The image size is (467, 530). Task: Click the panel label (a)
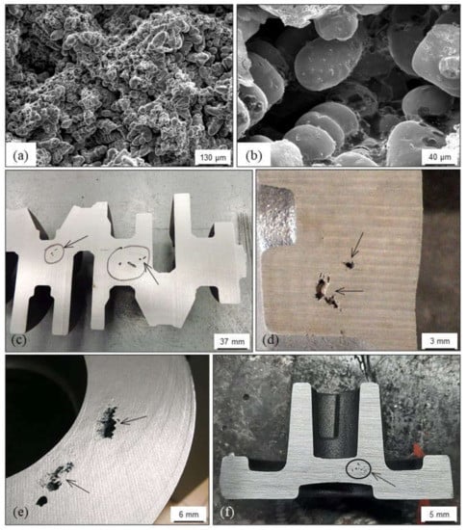(x=20, y=156)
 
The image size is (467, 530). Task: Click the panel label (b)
(x=253, y=156)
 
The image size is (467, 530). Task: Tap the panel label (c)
(x=19, y=340)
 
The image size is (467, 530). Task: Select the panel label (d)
(x=271, y=340)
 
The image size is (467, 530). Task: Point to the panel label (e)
(x=20, y=513)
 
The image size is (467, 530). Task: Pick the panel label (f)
(x=227, y=513)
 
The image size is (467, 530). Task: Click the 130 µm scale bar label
(x=214, y=157)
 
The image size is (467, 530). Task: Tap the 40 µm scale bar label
(x=439, y=157)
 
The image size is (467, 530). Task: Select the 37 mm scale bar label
(x=232, y=341)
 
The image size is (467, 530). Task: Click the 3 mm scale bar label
(x=439, y=341)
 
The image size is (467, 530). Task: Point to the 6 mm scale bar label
(x=189, y=515)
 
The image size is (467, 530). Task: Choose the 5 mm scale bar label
(x=439, y=515)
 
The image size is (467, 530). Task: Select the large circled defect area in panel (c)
(x=129, y=263)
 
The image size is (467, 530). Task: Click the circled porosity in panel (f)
(x=359, y=469)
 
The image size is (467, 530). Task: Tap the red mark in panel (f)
(x=417, y=451)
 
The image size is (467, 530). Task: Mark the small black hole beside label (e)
(x=41, y=501)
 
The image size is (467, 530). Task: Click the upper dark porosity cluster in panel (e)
(x=108, y=422)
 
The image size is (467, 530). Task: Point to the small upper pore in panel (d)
(x=349, y=264)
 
